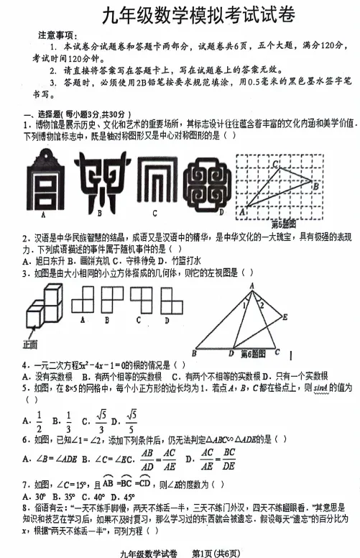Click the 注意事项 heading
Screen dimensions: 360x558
pyautogui.click(x=61, y=35)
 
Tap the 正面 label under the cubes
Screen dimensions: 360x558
pyautogui.click(x=30, y=344)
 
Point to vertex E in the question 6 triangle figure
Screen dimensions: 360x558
pyautogui.click(x=285, y=316)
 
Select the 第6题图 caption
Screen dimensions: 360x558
pyautogui.click(x=254, y=353)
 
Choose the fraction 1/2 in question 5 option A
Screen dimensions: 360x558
pyautogui.click(x=37, y=421)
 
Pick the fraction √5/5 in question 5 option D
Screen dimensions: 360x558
pyautogui.click(x=131, y=421)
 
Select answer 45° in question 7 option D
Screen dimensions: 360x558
pyautogui.click(x=126, y=496)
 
